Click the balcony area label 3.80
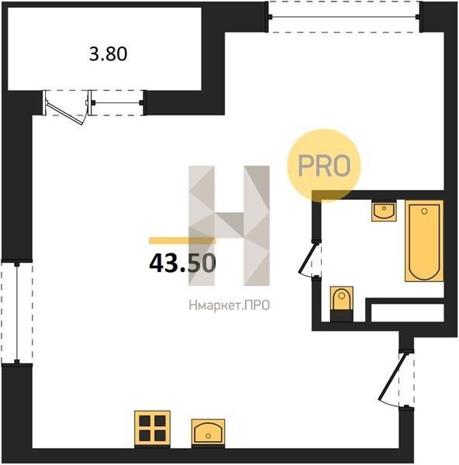pyautogui.click(x=109, y=54)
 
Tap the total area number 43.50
pyautogui.click(x=182, y=263)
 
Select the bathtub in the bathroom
pyautogui.click(x=424, y=241)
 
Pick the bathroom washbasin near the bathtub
pyautogui.click(x=384, y=210)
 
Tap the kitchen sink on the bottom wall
pyautogui.click(x=208, y=432)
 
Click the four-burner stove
pyautogui.click(x=152, y=429)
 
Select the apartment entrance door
pyautogui.click(x=392, y=376)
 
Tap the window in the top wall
pyautogui.click(x=344, y=16)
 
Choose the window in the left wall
pyautogui.click(x=17, y=312)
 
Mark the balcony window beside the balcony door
pyautogui.click(x=118, y=103)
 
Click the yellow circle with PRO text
pyautogui.click(x=323, y=166)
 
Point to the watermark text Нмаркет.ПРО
pyautogui.click(x=229, y=305)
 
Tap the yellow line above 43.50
pyautogui.click(x=182, y=240)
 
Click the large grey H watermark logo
pyautogui.click(x=229, y=226)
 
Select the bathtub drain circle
pyautogui.click(x=424, y=211)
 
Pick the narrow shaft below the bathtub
pyautogui.click(x=407, y=312)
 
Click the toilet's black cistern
pyautogui.click(x=341, y=316)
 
